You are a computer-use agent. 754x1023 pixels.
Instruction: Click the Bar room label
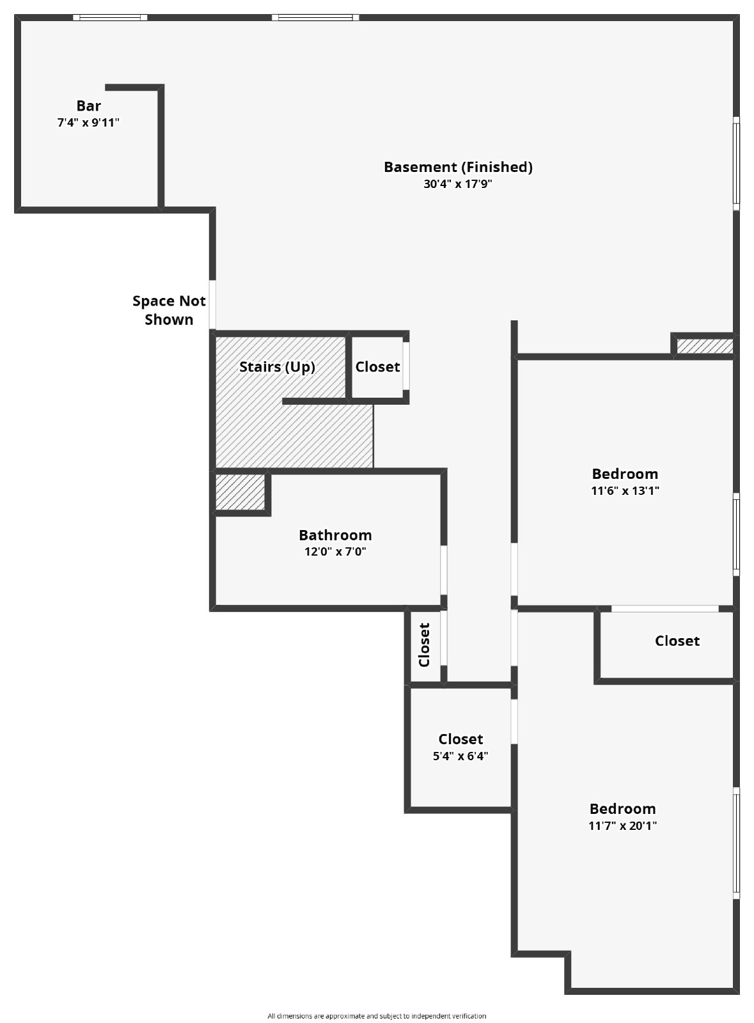(88, 106)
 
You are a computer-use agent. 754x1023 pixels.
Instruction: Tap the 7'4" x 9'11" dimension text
(88, 123)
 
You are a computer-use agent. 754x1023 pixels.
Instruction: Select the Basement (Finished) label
(458, 167)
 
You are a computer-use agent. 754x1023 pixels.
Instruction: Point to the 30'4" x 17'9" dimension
(458, 184)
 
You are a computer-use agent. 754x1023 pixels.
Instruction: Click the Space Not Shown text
(169, 310)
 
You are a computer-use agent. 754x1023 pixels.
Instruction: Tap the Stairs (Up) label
(277, 367)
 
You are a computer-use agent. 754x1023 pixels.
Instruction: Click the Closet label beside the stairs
(377, 367)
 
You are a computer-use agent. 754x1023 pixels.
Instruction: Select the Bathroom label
(335, 535)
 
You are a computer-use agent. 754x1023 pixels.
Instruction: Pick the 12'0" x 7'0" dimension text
(335, 552)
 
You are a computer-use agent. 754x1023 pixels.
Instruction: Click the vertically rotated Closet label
(424, 644)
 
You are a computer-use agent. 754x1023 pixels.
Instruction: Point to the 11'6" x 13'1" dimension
(625, 491)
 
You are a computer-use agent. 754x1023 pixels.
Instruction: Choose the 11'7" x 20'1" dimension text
(622, 825)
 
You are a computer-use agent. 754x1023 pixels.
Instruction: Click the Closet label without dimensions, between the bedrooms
(677, 641)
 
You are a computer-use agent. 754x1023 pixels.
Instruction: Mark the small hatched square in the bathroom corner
(240, 492)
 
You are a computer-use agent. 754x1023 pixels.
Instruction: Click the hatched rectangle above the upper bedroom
(704, 346)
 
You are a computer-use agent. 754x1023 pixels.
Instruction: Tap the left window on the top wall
(110, 17)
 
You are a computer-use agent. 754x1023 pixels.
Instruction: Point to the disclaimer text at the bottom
(377, 1016)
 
